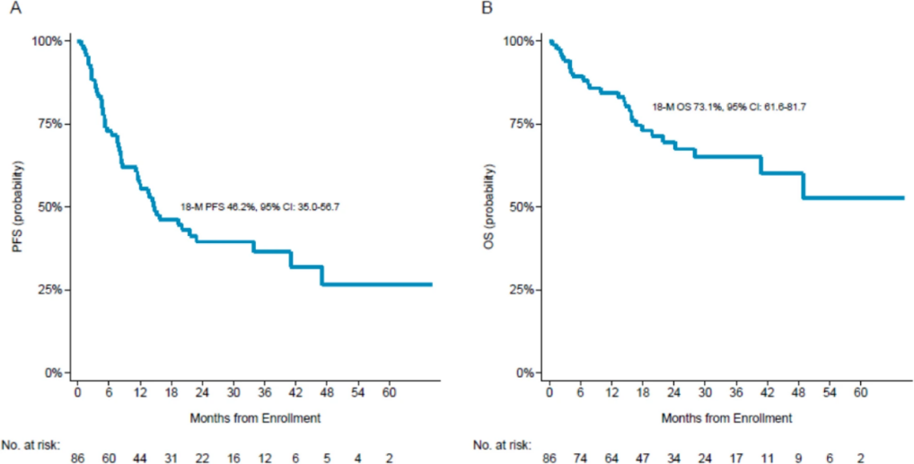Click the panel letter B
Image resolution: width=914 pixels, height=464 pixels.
[x=488, y=10]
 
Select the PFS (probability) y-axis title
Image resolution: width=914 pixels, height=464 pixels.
[x=17, y=206]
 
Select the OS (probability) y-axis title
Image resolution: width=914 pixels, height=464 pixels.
[x=489, y=206]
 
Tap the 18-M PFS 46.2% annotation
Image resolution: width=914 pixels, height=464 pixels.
[x=259, y=207]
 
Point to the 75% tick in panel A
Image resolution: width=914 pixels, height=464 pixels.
[x=48, y=124]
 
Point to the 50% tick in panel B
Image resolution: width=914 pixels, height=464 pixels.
[x=520, y=206]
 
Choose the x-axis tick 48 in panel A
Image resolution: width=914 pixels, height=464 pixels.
[x=327, y=394]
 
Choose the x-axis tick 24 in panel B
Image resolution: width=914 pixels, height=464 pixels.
[x=674, y=394]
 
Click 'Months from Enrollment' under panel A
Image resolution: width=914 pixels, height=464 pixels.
[x=255, y=418]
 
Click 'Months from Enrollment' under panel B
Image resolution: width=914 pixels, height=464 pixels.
[x=726, y=418]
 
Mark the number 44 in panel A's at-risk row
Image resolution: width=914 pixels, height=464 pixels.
[x=140, y=458]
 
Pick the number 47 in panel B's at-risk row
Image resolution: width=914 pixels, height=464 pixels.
[x=643, y=458]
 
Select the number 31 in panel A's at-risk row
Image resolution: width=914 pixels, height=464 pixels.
[x=171, y=458]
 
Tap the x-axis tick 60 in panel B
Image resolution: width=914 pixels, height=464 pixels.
[x=861, y=394]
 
